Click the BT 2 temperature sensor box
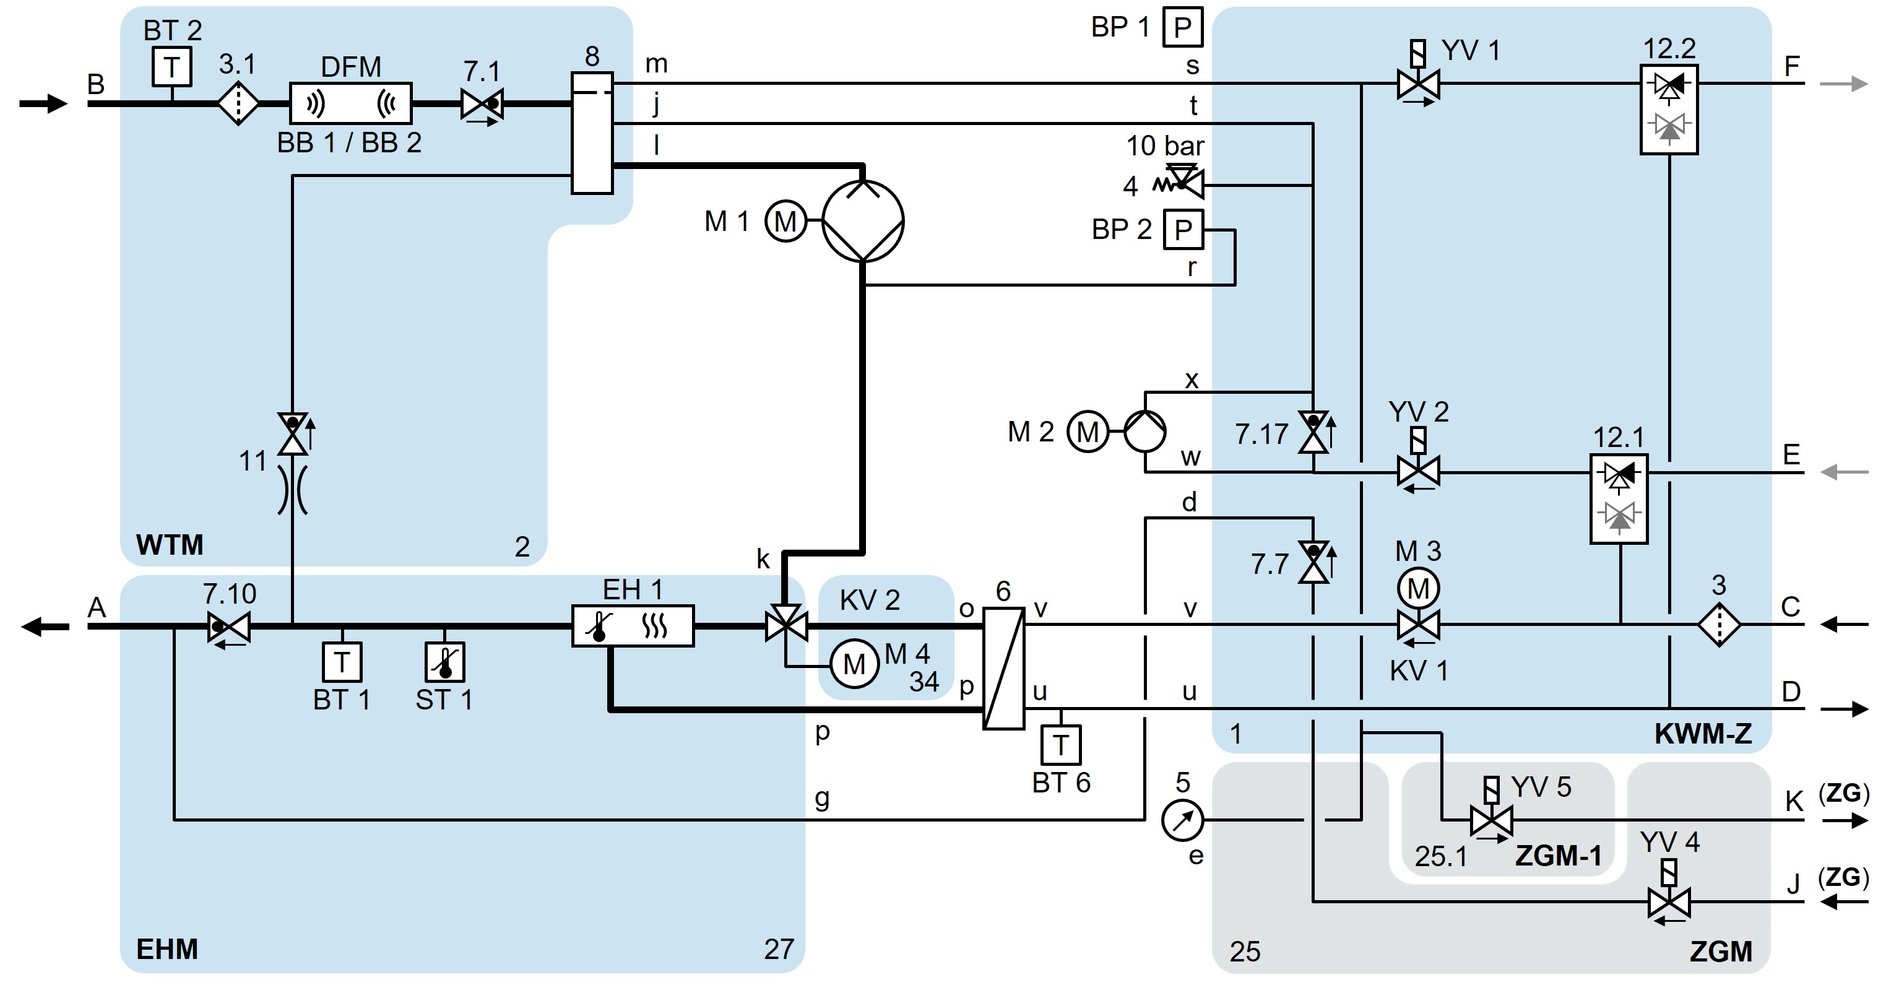tap(172, 67)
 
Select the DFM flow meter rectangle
tap(350, 103)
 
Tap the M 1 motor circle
tap(785, 220)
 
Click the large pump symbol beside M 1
tap(862, 220)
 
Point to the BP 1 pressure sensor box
tap(1182, 27)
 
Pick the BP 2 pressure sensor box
tap(1182, 229)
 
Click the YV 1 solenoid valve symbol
tap(1417, 84)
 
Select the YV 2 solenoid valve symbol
tap(1417, 472)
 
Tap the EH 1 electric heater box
tap(633, 626)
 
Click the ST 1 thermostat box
tap(444, 662)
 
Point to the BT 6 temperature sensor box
tap(1061, 745)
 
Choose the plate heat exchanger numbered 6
tap(1003, 668)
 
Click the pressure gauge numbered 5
tap(1182, 819)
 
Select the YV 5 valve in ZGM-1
tap(1490, 819)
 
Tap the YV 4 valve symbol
tap(1668, 901)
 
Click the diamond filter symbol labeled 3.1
tap(238, 103)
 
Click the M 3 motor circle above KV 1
tap(1417, 588)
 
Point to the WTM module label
tap(170, 545)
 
